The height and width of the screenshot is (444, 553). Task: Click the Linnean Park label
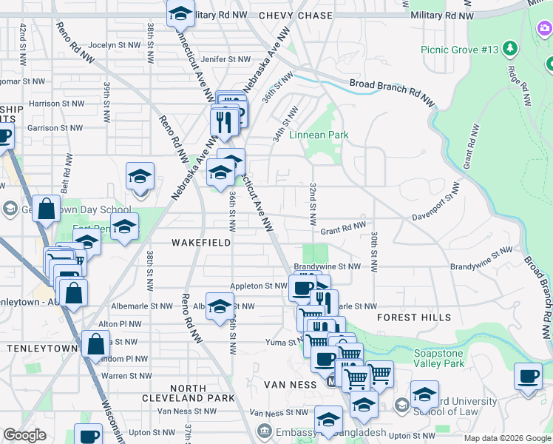(x=319, y=135)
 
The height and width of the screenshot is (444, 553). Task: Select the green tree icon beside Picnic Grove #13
(x=509, y=49)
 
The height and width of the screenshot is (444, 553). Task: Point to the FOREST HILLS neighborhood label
(x=414, y=317)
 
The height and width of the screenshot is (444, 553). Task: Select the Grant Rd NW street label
(x=343, y=229)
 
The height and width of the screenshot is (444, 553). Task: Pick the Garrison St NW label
(x=55, y=128)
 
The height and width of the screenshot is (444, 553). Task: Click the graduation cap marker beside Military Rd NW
(x=180, y=14)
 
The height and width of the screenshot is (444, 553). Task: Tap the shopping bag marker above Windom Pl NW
(x=96, y=344)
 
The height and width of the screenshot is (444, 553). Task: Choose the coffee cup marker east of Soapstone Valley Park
(x=528, y=377)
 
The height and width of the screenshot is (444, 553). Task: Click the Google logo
(x=24, y=435)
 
